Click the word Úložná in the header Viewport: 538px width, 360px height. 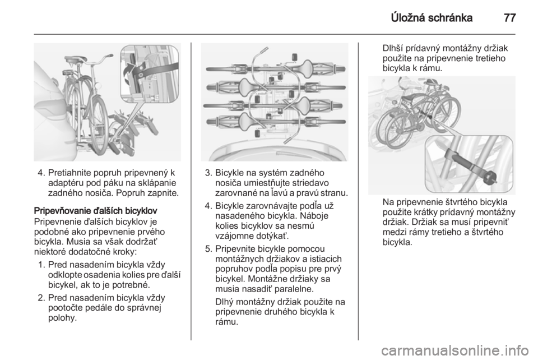(407, 17)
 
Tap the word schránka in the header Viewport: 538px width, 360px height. (450, 17)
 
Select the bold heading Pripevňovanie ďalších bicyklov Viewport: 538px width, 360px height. (95, 210)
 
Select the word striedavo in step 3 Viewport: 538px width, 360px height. (310, 183)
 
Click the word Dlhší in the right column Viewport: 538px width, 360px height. (393, 48)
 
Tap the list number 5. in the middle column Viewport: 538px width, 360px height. (208, 248)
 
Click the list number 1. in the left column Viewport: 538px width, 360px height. (42, 265)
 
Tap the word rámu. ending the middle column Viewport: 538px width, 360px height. (226, 322)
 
